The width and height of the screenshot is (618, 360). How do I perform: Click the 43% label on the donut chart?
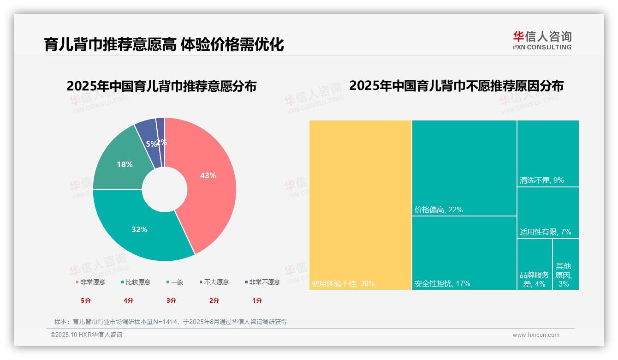[208, 175]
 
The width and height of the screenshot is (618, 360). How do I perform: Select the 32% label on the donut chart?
[139, 229]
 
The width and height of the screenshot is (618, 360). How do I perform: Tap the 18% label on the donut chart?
[125, 164]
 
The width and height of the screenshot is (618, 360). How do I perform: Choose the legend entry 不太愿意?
[216, 282]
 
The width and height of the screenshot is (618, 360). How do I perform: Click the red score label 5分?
[86, 300]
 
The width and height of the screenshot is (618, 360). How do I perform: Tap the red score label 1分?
[257, 300]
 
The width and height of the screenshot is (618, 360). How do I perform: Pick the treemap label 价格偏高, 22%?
[439, 210]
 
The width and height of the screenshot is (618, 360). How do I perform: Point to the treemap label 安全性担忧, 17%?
[442, 283]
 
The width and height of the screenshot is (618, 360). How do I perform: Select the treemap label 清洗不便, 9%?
[542, 180]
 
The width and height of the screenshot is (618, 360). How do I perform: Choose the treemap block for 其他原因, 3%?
[564, 275]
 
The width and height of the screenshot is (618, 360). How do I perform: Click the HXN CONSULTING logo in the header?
[542, 41]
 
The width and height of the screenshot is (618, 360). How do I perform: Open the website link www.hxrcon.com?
[536, 335]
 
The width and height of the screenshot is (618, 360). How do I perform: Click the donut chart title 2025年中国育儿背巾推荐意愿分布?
[161, 86]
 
